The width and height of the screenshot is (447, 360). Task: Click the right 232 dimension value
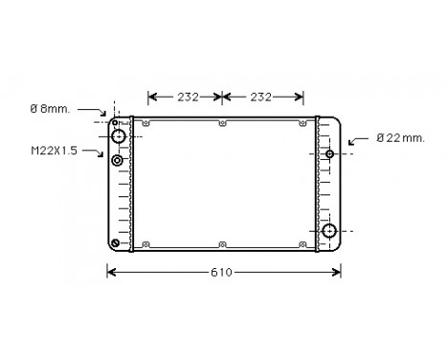pyautogui.click(x=262, y=97)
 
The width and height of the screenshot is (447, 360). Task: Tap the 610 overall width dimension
pyautogui.click(x=221, y=273)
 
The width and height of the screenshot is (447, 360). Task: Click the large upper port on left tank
pyautogui.click(x=119, y=137)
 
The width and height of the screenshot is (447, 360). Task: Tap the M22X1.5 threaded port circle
pyautogui.click(x=118, y=160)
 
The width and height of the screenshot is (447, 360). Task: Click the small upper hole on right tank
pyautogui.click(x=329, y=154)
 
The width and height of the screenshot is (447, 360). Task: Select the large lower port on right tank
pyautogui.click(x=329, y=231)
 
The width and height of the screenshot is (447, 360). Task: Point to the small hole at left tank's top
pyautogui.click(x=116, y=122)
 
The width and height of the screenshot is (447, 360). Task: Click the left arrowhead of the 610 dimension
pyautogui.click(x=110, y=273)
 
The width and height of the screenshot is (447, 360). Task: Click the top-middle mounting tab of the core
pyautogui.click(x=222, y=123)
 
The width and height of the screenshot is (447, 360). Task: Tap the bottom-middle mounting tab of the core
pyautogui.click(x=222, y=243)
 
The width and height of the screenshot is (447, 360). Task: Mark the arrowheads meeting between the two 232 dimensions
pyautogui.click(x=222, y=97)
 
